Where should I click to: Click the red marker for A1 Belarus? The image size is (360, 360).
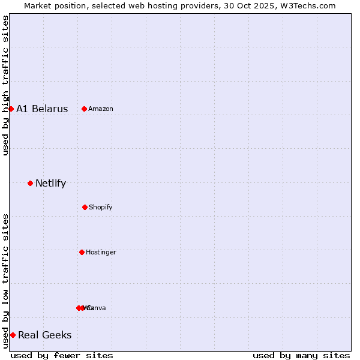[11, 109]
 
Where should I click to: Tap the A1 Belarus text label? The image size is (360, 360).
[42, 109]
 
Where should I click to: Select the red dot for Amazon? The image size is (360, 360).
[85, 109]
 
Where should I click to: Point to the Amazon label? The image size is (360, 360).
[101, 109]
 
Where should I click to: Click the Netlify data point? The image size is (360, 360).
[30, 183]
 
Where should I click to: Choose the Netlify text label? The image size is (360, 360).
[50, 184]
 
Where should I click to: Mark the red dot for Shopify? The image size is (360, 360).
[85, 207]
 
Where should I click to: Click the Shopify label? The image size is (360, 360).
[101, 208]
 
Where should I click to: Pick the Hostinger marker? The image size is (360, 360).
[82, 252]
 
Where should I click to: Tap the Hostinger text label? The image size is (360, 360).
[101, 253]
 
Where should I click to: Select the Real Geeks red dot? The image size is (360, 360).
[13, 335]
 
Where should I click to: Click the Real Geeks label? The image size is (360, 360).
[45, 335]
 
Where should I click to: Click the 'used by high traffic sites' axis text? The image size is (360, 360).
[6, 85]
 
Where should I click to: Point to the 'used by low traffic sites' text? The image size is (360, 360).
[6, 281]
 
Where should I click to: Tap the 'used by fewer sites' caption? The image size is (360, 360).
[62, 355]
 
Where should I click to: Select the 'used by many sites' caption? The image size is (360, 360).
[301, 355]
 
